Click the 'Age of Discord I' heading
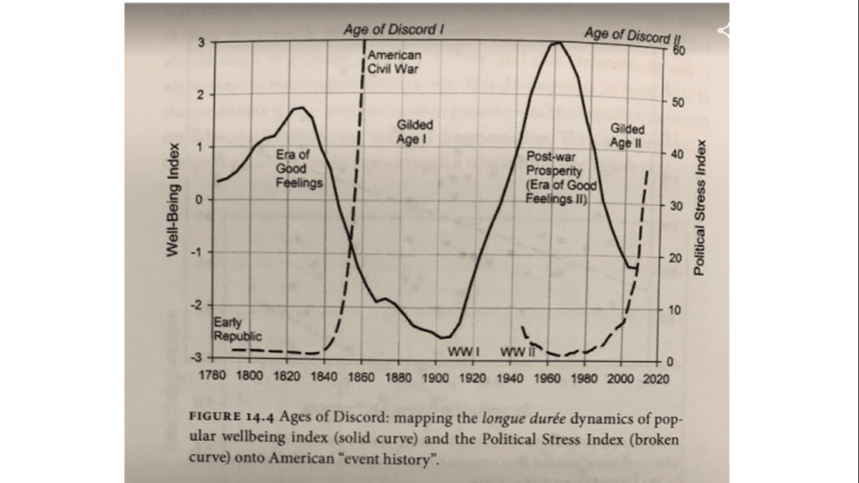point(393,29)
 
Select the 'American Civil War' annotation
point(393,61)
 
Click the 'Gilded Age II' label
point(627,136)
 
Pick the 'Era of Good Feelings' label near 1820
point(299,168)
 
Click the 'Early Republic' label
point(231,329)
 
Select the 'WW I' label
point(463,350)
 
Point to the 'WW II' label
point(518,350)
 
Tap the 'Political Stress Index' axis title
point(698,206)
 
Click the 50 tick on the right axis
point(678,102)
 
